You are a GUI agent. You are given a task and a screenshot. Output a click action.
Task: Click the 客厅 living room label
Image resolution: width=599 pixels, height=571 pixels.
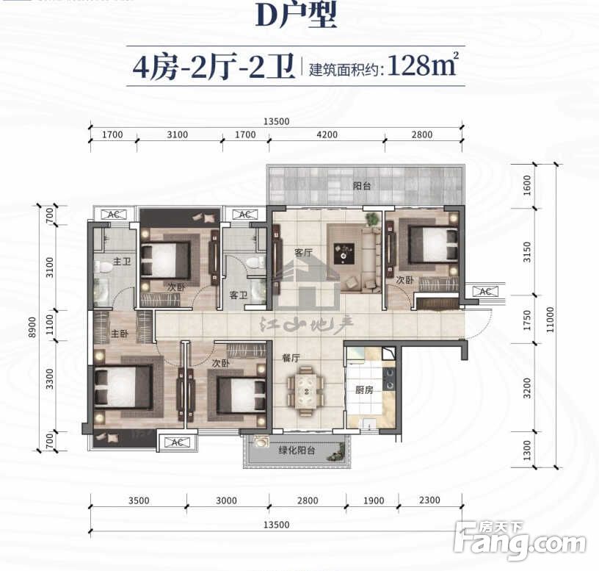click(303, 253)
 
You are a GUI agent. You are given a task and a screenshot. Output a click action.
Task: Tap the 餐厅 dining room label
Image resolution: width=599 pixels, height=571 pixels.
click(291, 358)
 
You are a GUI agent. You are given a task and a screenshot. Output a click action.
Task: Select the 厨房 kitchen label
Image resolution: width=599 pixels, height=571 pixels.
click(363, 389)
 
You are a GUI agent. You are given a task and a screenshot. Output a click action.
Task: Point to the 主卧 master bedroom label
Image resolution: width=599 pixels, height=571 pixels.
click(120, 334)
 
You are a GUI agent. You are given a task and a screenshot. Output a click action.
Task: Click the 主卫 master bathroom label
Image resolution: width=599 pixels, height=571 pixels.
click(122, 262)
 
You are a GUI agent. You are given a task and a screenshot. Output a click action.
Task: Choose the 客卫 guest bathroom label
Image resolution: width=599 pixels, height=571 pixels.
click(239, 295)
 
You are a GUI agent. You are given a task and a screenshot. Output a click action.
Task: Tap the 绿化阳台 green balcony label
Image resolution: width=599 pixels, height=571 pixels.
click(297, 450)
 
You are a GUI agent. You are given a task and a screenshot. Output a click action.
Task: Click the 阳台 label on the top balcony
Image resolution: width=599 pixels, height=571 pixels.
click(361, 186)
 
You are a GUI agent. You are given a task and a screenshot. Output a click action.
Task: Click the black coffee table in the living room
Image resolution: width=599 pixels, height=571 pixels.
click(344, 254)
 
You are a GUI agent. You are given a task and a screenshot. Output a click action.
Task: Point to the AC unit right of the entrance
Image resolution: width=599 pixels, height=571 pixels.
click(485, 292)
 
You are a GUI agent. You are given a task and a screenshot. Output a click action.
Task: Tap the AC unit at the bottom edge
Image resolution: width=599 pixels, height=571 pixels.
click(177, 442)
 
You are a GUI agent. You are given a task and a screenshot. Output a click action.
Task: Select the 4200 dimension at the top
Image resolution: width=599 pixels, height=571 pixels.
click(327, 134)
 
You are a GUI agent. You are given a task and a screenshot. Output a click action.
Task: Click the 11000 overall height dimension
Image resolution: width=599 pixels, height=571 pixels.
click(550, 320)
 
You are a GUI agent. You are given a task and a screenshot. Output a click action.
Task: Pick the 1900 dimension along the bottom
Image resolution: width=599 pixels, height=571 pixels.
click(373, 500)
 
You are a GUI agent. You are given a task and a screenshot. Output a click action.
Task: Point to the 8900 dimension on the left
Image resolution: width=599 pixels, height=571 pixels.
click(32, 327)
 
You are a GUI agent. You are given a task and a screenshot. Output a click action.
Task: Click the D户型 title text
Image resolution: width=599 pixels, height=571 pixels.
click(296, 15)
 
